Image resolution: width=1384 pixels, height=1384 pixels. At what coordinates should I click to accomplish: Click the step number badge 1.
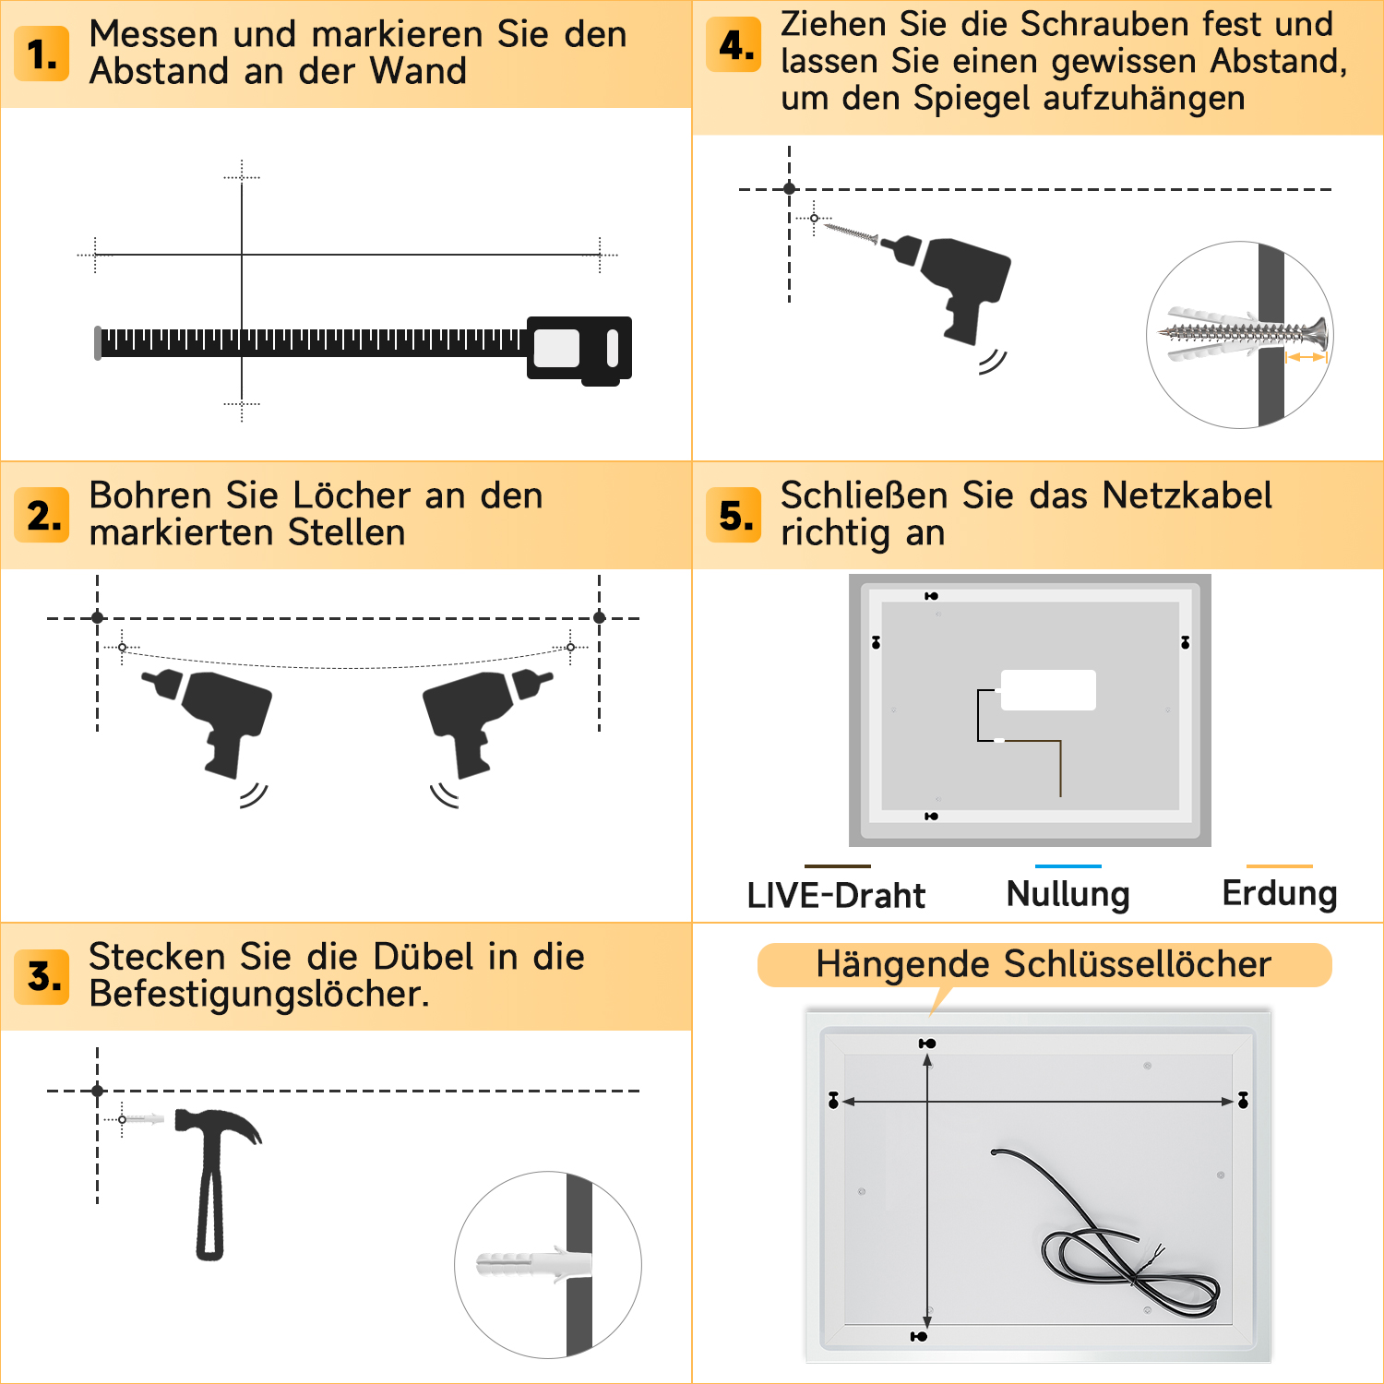[x=42, y=54]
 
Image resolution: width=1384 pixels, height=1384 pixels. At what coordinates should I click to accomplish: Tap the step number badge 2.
[x=42, y=515]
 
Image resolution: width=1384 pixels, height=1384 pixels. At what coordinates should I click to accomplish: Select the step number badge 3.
[x=42, y=976]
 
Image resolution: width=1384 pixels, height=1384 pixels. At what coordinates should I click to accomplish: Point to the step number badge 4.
[x=734, y=44]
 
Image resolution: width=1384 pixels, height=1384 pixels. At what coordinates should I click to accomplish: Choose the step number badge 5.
[x=734, y=515]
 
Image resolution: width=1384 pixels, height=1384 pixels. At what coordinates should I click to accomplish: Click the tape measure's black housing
[x=579, y=349]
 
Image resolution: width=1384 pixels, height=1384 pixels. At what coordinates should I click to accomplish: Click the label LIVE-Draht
[x=836, y=895]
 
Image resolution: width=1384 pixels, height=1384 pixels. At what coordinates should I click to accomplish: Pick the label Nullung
[x=1068, y=894]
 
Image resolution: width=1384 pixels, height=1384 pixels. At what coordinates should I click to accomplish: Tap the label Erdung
[x=1280, y=893]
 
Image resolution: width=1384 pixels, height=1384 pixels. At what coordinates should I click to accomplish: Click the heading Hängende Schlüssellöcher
[x=1044, y=964]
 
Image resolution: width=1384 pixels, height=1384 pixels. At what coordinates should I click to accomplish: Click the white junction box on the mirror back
[x=1048, y=690]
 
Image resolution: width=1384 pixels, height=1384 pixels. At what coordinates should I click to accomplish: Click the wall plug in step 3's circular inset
[x=533, y=1263]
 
